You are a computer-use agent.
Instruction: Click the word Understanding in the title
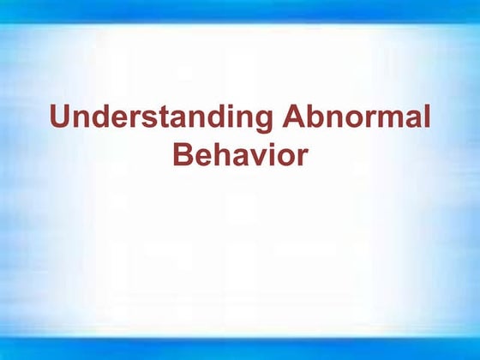pos(159,117)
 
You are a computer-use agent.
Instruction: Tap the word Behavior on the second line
pos(239,155)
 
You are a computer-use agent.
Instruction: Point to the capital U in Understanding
pos(60,117)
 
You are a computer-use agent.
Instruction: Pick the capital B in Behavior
pos(183,155)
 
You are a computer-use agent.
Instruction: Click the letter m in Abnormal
pos(388,120)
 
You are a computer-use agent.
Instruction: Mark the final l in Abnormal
pos(426,117)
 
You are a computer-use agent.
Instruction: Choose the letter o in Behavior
pos(285,158)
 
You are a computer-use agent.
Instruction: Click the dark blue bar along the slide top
pos(240,9)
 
